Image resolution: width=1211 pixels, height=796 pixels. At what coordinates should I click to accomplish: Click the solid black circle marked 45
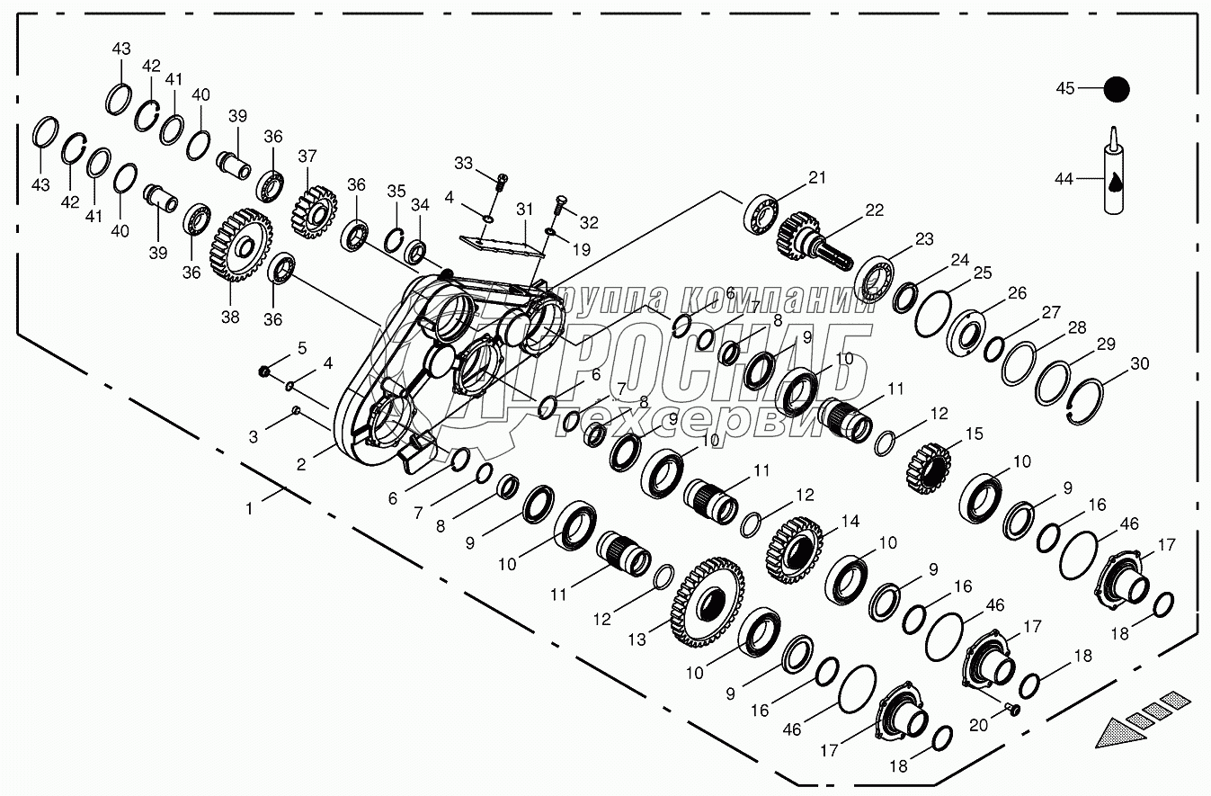click(x=1116, y=89)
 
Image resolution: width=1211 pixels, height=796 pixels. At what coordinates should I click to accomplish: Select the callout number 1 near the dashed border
click(x=249, y=508)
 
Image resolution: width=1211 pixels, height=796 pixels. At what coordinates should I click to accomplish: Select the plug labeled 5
click(x=264, y=371)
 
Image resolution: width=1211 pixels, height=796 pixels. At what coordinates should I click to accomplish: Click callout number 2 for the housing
click(x=301, y=464)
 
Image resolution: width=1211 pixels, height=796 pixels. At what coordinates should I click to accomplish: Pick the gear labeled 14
click(x=795, y=549)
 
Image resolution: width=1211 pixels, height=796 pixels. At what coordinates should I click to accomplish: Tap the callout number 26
click(x=1017, y=294)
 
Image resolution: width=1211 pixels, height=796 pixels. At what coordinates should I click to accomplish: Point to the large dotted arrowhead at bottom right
click(x=1123, y=730)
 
